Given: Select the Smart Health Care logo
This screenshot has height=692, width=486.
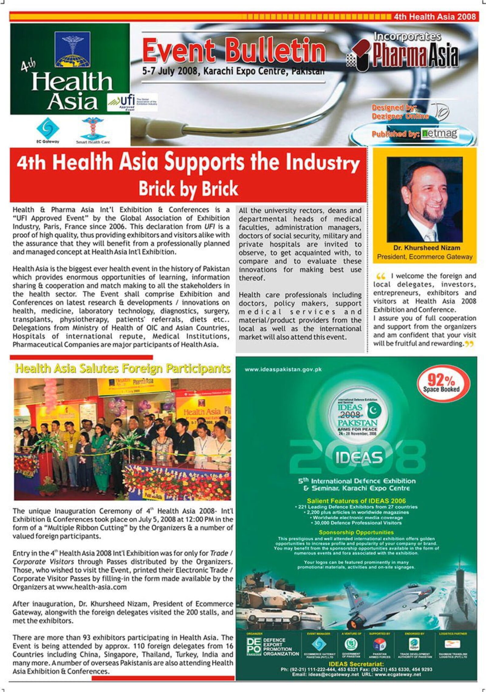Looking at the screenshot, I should (x=93, y=130).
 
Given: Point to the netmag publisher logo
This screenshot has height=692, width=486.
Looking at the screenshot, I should (x=439, y=133).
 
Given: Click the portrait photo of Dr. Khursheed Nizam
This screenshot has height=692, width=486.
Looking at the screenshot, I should (x=424, y=199).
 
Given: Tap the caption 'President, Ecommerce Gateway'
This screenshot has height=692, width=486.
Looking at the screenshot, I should (x=425, y=257).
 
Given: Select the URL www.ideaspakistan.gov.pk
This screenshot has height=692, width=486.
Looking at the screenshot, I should (x=283, y=370).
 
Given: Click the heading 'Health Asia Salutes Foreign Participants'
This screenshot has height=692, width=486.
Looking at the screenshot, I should (x=123, y=369).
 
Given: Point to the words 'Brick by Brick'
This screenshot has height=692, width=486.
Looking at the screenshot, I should (x=188, y=189).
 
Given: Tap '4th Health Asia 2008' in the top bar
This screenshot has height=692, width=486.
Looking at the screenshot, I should (x=434, y=16).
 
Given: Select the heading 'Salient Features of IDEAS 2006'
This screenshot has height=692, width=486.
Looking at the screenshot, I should (x=356, y=501).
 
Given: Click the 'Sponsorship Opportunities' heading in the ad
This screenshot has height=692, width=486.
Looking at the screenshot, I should (x=356, y=532).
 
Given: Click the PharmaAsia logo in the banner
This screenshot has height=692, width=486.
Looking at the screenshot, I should (x=407, y=55).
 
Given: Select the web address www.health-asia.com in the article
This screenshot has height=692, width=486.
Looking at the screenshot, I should (x=91, y=587).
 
